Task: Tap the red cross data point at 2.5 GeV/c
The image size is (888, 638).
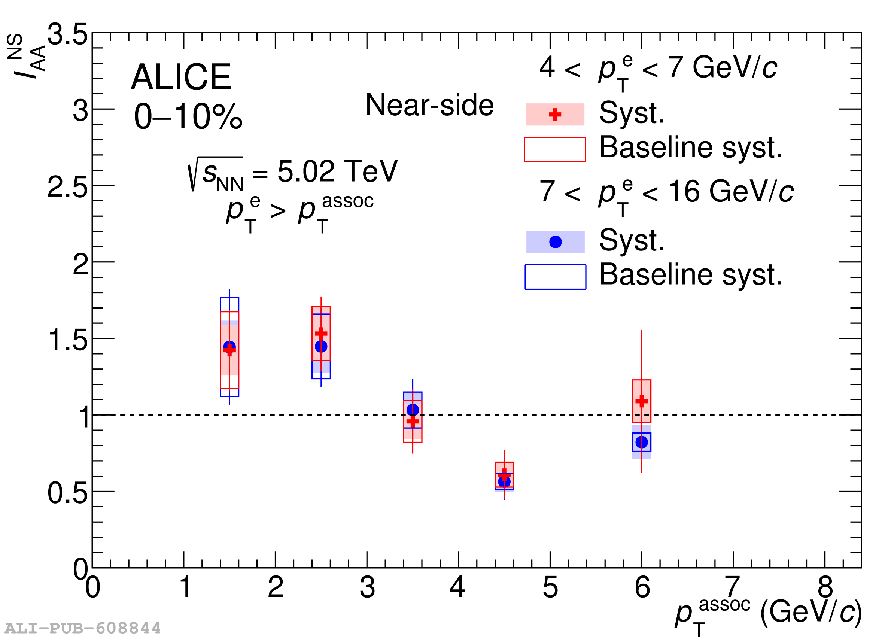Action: [x=321, y=333]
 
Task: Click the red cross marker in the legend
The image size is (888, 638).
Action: [x=555, y=114]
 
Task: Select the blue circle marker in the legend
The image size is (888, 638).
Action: [x=556, y=242]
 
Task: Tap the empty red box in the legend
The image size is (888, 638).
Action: [x=555, y=149]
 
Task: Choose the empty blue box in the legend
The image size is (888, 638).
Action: [x=556, y=277]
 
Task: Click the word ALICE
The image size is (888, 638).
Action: [x=181, y=77]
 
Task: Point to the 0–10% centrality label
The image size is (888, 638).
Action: [x=188, y=116]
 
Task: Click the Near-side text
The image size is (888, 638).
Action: [x=429, y=105]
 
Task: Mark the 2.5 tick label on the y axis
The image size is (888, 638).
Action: [x=67, y=187]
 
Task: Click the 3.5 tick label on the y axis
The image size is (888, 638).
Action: [x=67, y=34]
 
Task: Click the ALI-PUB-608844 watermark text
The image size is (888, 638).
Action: [x=83, y=628]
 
